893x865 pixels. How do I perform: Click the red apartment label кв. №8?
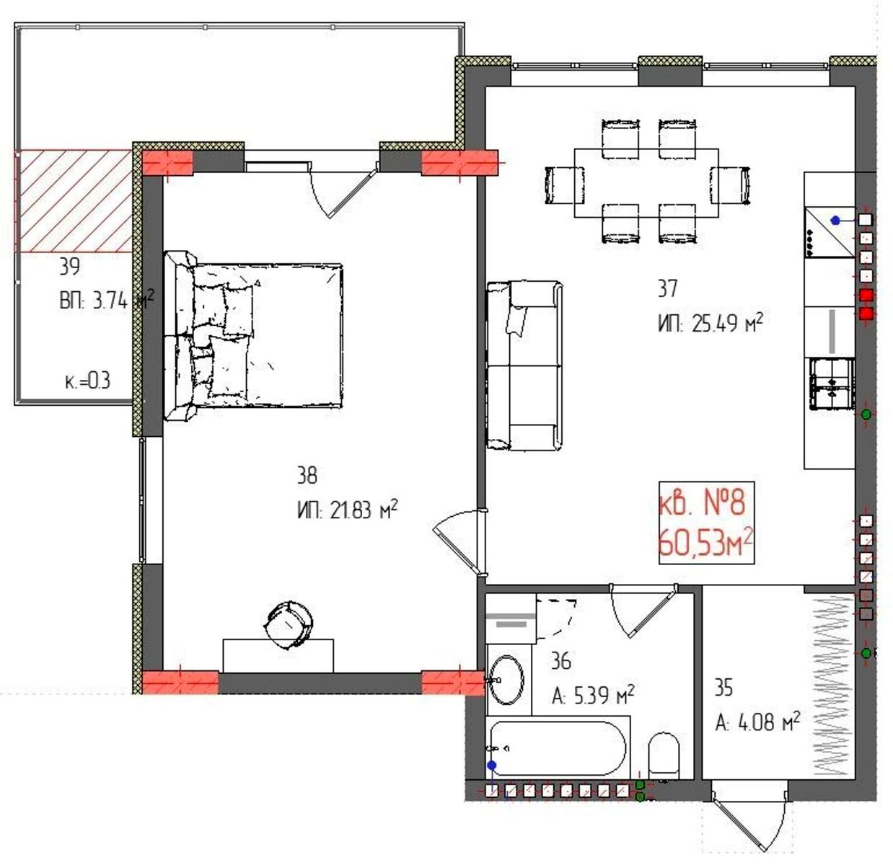[x=701, y=505]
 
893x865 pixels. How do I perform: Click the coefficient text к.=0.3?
[x=88, y=381]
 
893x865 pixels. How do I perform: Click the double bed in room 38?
[x=253, y=335]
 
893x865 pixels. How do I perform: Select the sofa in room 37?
[x=524, y=365]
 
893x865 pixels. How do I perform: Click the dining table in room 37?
[x=646, y=182]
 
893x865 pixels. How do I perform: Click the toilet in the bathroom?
[x=664, y=755]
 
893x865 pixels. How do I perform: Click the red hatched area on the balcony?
[x=74, y=201]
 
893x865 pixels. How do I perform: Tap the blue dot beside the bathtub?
[x=492, y=766]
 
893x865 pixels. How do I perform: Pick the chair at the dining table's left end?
[x=564, y=185]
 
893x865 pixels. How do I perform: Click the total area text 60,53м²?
[x=705, y=544]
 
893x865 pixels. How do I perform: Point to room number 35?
[x=723, y=688]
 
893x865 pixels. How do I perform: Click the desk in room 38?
[x=278, y=655]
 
